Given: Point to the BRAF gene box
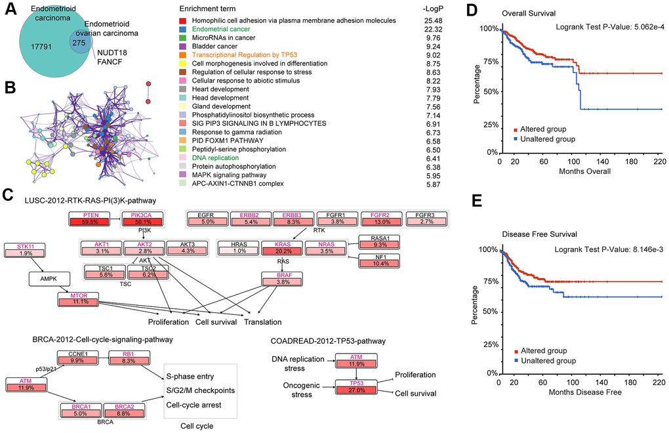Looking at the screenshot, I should click(x=282, y=280).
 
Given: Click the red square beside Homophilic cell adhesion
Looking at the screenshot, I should click(x=184, y=21).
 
